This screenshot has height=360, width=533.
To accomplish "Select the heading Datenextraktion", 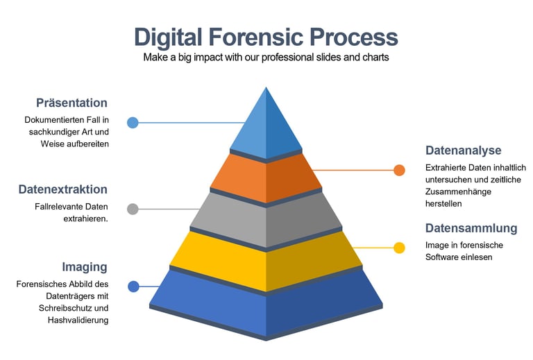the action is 62,189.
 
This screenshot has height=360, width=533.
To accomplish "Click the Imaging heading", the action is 85,267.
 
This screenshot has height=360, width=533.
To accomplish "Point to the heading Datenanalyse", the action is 463,151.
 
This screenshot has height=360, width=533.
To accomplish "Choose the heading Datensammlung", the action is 471,228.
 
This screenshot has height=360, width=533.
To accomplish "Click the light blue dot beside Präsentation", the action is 133,123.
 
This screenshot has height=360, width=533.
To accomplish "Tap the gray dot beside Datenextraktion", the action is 133,209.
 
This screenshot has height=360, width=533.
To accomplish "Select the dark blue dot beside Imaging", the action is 133,286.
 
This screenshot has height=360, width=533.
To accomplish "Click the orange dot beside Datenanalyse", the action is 399,170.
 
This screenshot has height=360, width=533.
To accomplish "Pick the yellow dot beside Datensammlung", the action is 399,248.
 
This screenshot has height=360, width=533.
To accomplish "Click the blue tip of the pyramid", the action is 266,125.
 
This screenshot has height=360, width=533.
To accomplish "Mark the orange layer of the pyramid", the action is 266,178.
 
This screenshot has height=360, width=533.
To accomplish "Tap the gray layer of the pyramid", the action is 266,219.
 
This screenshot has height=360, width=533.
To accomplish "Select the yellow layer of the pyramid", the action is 266,261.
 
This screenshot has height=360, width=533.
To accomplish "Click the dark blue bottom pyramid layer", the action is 266,305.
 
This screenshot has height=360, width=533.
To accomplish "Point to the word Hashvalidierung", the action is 78,320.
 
